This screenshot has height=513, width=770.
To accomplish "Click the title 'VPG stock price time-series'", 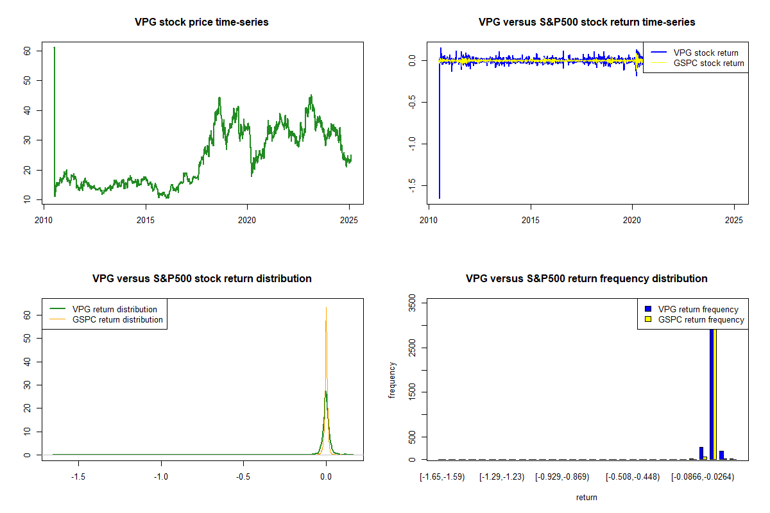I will pyautogui.click(x=201, y=22).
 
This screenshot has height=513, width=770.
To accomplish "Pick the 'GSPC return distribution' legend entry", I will pyautogui.click(x=117, y=319).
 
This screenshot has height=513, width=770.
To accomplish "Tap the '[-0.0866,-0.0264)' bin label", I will pyautogui.click(x=703, y=477).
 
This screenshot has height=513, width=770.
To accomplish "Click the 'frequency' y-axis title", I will pyautogui.click(x=392, y=380).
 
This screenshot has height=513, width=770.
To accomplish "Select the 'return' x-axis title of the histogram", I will pyautogui.click(x=586, y=497).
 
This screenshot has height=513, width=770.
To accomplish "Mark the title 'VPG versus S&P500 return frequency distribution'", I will pyautogui.click(x=586, y=279).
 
